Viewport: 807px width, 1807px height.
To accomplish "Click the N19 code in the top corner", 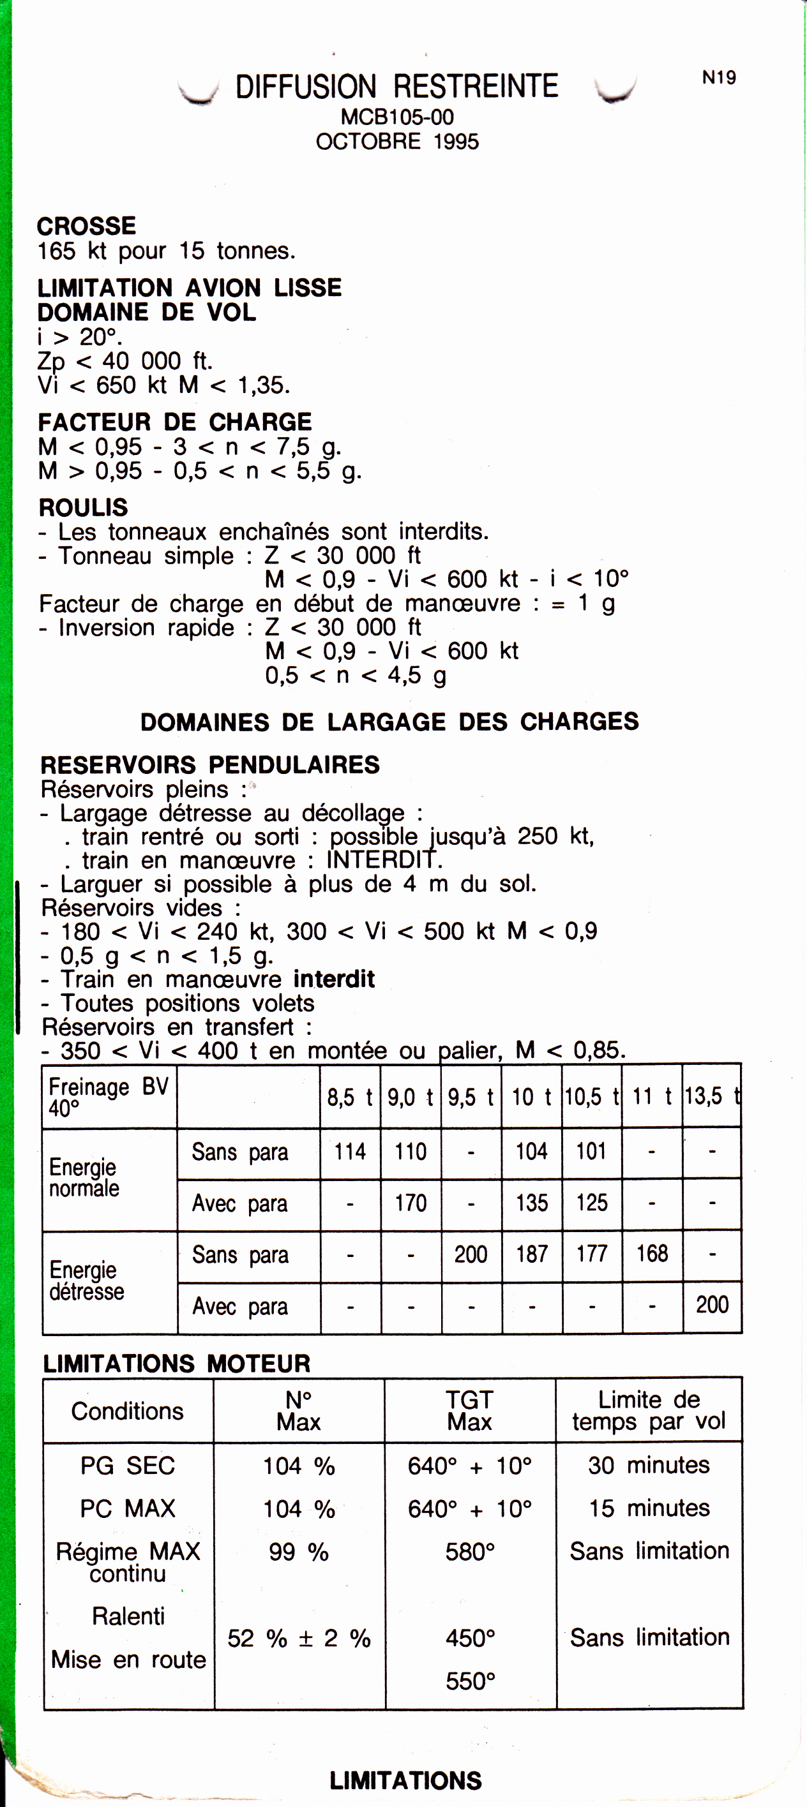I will coord(719,77).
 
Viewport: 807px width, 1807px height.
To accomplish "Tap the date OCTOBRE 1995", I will coord(397,141).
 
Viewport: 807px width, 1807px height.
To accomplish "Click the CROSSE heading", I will coord(86,226).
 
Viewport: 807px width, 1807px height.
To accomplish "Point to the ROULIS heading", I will coord(83,507).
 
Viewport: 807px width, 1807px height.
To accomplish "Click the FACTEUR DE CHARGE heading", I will coord(175,422).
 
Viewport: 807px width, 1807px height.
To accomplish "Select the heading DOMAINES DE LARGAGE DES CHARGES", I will coord(389,721).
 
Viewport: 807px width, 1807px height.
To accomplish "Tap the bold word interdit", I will coord(334,979).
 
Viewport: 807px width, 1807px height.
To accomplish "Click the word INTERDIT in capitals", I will coord(383,859).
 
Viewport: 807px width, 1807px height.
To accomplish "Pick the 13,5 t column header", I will coord(713,1096).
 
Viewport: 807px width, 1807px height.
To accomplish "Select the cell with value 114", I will coord(349,1151).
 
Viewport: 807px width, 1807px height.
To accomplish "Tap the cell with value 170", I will coord(411,1203).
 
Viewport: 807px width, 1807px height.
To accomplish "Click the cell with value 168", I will coord(652,1254).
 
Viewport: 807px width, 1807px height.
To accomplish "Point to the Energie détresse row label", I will coord(86,1280).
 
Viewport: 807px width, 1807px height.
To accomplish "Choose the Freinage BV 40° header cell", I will coord(109,1096).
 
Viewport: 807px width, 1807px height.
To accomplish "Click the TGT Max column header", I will coord(469,1410).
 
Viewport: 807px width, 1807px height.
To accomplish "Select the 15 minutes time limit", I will coord(649,1508).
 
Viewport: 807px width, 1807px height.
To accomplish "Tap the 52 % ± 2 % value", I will coord(299,1638).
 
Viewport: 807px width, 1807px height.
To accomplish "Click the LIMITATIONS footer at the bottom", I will coord(405,1780).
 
